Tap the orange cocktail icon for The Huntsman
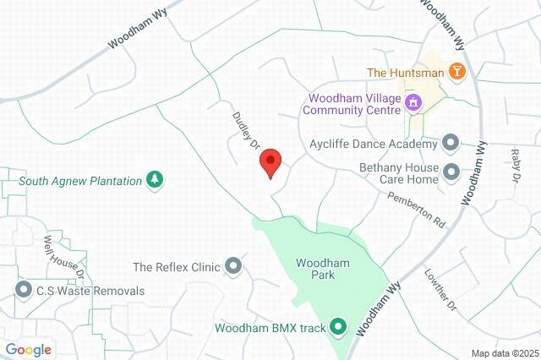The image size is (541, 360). click(x=456, y=72)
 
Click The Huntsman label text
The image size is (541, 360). click(x=404, y=73)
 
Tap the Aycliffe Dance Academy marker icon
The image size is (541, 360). click(x=451, y=143)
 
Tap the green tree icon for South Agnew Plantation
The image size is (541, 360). click(x=155, y=179)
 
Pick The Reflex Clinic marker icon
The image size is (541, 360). click(x=234, y=267)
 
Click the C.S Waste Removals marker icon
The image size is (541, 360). click(x=23, y=291)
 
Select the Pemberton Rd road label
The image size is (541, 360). click(x=417, y=209)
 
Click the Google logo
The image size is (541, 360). click(x=28, y=350)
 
